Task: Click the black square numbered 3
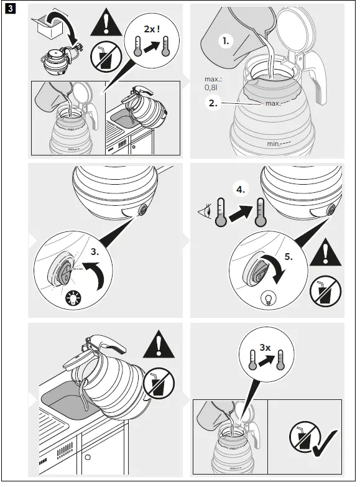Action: (x=10, y=9)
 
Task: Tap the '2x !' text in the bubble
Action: (x=152, y=29)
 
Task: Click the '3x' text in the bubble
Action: (x=265, y=348)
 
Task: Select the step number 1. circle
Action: (x=226, y=40)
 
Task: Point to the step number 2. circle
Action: (x=213, y=103)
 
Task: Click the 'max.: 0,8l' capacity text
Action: (x=213, y=83)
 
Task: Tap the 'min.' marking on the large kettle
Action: (x=273, y=144)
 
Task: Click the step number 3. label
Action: (x=95, y=251)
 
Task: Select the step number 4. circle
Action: (x=241, y=189)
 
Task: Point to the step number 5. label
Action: (x=288, y=256)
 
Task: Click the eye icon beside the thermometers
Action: (x=205, y=212)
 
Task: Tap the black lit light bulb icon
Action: (x=73, y=298)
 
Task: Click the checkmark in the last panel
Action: (x=325, y=443)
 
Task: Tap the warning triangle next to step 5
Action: (x=326, y=253)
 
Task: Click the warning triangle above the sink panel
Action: (x=159, y=344)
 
